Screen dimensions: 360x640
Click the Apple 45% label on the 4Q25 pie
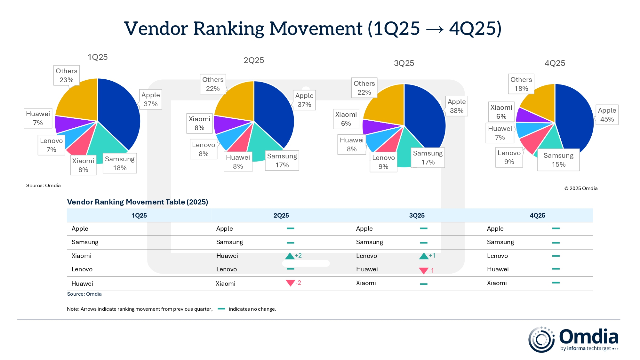(x=607, y=115)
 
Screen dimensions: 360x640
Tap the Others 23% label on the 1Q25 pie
(x=66, y=76)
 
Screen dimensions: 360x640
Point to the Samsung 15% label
(x=558, y=160)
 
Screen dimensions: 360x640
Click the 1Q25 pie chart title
(x=98, y=57)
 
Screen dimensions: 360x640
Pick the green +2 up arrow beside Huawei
(x=290, y=256)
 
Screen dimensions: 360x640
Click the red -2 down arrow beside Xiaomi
(x=291, y=283)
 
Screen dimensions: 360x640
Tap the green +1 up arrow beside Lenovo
(x=424, y=256)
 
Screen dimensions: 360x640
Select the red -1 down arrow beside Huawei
(x=424, y=271)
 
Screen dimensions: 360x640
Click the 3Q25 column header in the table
(x=417, y=215)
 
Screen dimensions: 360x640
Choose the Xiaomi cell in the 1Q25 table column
(x=82, y=256)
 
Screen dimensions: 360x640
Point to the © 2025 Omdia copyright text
(x=581, y=188)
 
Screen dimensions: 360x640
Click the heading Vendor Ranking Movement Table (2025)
(x=138, y=202)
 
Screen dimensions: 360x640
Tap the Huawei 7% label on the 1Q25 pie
(x=38, y=118)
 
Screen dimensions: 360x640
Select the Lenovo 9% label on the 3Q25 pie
(x=383, y=162)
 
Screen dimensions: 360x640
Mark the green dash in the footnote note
(x=221, y=309)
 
